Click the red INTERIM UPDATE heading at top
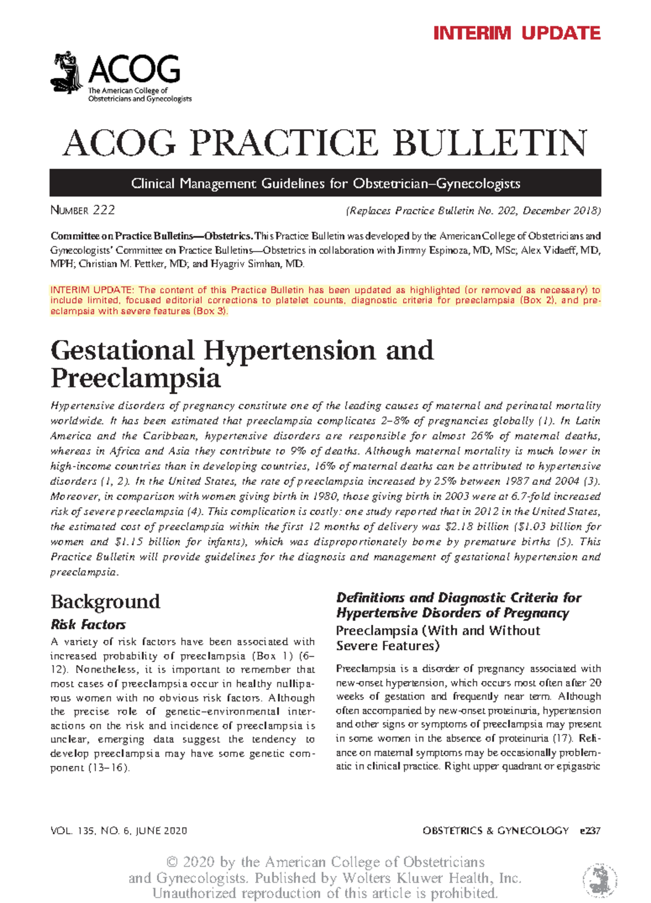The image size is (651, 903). point(516,33)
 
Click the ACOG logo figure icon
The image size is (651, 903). point(66,73)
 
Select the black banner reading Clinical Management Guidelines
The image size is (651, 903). point(325,183)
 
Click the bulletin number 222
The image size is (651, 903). point(104,210)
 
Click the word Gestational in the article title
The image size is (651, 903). point(123,350)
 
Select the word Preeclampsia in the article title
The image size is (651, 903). point(136,378)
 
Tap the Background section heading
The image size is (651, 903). point(105,601)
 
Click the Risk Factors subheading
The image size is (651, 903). point(88,625)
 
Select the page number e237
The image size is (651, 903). point(590,831)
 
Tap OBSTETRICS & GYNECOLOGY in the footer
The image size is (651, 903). point(495,831)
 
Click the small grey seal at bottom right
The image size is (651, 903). point(599,878)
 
